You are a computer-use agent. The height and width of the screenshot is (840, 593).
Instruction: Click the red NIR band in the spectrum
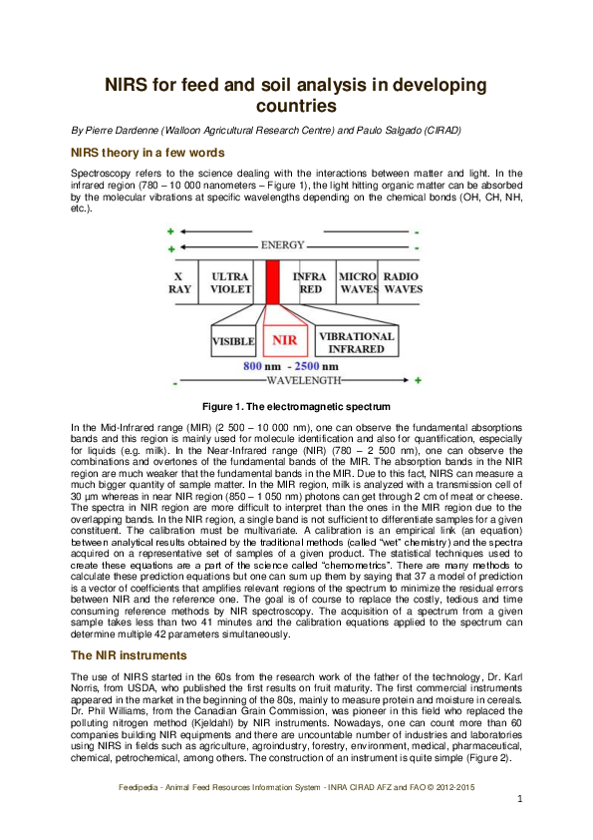272,283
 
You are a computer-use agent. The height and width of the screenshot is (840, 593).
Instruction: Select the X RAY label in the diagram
179,282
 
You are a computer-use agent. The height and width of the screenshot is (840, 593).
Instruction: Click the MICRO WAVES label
357,282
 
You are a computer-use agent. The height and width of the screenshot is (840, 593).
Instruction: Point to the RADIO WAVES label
403,282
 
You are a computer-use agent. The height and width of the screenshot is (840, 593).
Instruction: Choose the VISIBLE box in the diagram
233,341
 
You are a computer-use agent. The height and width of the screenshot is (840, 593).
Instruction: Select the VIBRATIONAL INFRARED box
356,342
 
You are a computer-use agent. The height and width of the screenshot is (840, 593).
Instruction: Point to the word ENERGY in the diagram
282,245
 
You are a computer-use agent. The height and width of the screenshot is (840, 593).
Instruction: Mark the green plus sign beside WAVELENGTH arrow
418,381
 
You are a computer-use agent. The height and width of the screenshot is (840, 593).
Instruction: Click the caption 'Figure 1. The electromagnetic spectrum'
296,407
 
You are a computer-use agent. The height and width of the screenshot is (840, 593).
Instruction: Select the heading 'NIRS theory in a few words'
147,153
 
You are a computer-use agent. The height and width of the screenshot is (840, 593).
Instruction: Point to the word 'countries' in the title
296,105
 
